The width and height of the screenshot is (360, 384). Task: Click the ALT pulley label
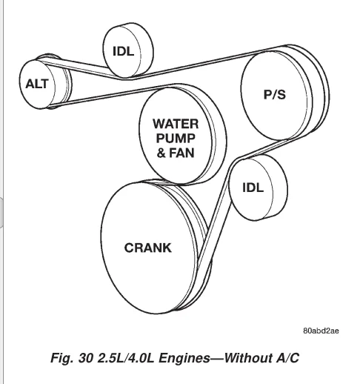point(37,84)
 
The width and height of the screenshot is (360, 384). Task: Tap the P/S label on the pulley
point(275,94)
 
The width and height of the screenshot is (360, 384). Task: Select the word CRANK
point(147,248)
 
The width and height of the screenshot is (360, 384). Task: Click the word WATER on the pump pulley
point(176,124)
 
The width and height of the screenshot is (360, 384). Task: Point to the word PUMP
point(176,138)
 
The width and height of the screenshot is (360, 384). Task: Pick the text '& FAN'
point(176,153)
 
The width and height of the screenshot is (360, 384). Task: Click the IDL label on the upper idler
point(123,51)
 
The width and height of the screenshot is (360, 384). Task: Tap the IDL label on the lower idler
point(253,188)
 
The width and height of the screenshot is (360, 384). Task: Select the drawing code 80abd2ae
point(321,331)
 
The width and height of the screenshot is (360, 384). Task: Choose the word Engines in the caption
point(184,358)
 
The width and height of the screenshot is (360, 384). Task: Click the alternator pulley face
point(37,85)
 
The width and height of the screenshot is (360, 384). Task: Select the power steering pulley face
point(274,95)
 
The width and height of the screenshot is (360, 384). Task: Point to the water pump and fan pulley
point(176,136)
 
